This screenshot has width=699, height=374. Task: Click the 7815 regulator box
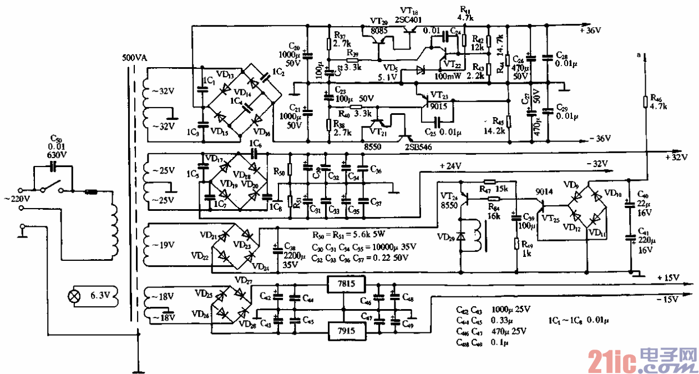346,285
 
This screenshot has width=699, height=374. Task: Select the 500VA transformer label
135,57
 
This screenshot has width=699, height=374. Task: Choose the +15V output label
667,277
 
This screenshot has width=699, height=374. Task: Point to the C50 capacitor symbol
54,165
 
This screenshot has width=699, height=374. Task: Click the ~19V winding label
165,244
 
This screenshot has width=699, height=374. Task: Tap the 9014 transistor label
544,191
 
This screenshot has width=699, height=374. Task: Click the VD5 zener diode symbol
420,70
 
